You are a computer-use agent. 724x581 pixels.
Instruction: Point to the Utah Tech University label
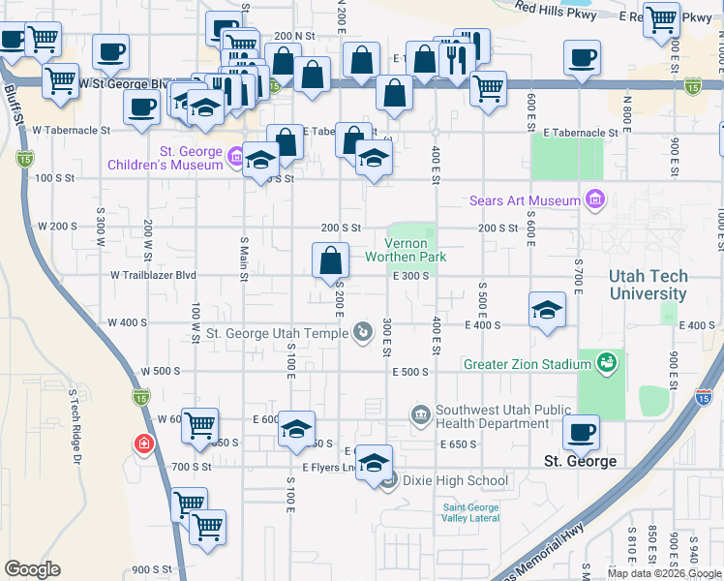(x=648, y=285)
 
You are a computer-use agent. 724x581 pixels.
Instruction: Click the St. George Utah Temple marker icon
(x=362, y=334)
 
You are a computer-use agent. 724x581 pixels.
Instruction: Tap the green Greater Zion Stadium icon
(x=607, y=363)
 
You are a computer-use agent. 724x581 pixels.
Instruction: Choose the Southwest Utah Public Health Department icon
(x=420, y=415)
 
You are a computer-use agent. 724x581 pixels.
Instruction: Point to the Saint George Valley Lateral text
(x=471, y=512)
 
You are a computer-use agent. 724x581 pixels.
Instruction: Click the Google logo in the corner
(x=32, y=569)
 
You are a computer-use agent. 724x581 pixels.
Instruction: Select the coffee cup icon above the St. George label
(x=581, y=433)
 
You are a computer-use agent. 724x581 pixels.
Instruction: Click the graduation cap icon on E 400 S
(x=547, y=310)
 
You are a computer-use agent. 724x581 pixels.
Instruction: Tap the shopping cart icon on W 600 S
(x=198, y=424)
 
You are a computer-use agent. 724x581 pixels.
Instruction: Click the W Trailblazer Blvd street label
(x=153, y=275)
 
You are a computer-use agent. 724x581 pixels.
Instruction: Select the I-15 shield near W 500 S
(x=140, y=395)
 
